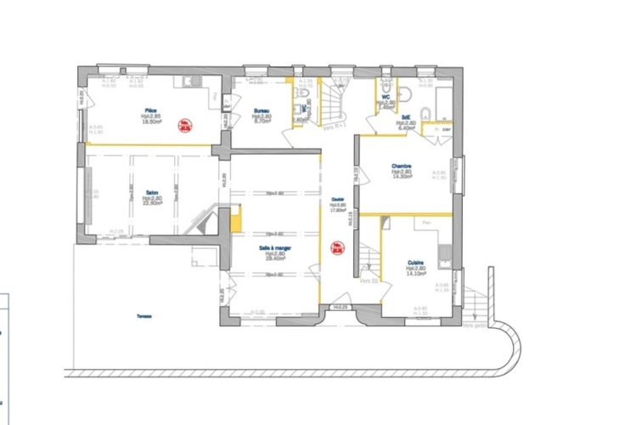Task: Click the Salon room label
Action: [x=153, y=192]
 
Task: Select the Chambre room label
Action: [x=402, y=166]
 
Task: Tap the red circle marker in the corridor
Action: [x=337, y=250]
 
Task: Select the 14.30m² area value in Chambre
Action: [x=402, y=177]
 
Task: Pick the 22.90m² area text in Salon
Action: [x=153, y=203]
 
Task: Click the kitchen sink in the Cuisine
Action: [x=445, y=250]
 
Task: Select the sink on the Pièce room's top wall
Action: [x=188, y=82]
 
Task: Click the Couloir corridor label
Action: [x=337, y=200]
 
